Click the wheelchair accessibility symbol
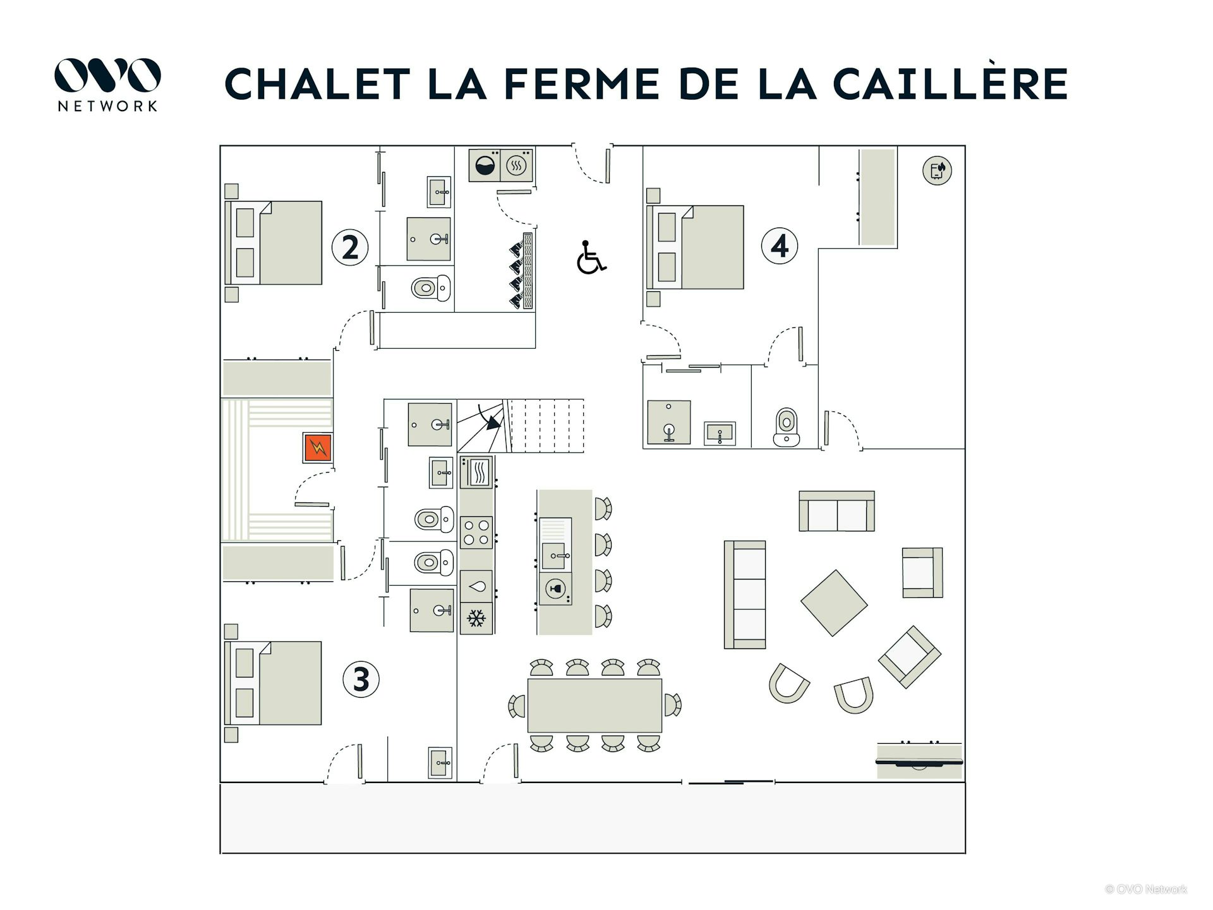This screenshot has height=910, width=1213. [x=591, y=257]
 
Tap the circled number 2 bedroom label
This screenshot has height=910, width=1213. [x=350, y=247]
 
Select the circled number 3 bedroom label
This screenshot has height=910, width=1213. [x=361, y=679]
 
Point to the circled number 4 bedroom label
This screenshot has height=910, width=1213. [x=780, y=246]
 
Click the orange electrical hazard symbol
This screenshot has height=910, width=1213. [x=318, y=447]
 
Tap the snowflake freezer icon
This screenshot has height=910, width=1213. [x=476, y=618]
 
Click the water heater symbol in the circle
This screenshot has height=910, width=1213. [x=937, y=171]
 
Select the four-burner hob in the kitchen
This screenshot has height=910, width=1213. [x=477, y=532]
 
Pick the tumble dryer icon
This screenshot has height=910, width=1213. [x=517, y=166]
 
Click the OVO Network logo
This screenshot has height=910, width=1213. [x=107, y=85]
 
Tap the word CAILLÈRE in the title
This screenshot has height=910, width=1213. [x=950, y=83]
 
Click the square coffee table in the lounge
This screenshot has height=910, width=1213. [x=834, y=603]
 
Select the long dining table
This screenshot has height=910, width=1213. [x=594, y=705]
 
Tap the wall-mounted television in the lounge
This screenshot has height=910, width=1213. [x=919, y=762]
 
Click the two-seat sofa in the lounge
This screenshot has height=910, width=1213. [x=837, y=511]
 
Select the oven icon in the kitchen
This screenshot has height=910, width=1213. [x=477, y=472]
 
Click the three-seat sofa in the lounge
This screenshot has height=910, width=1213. [x=745, y=594]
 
